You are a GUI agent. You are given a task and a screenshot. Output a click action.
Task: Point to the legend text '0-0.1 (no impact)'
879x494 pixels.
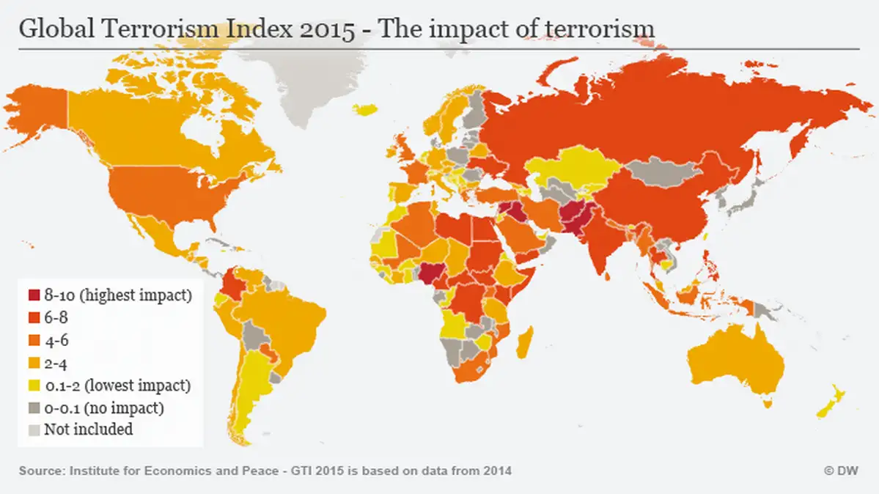coord(103,407)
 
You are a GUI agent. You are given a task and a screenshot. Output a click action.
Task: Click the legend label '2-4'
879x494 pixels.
coord(56,363)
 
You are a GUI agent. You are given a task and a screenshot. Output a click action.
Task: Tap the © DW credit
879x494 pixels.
coord(841,471)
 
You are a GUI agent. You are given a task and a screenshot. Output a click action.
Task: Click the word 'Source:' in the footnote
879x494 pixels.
coord(42,471)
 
